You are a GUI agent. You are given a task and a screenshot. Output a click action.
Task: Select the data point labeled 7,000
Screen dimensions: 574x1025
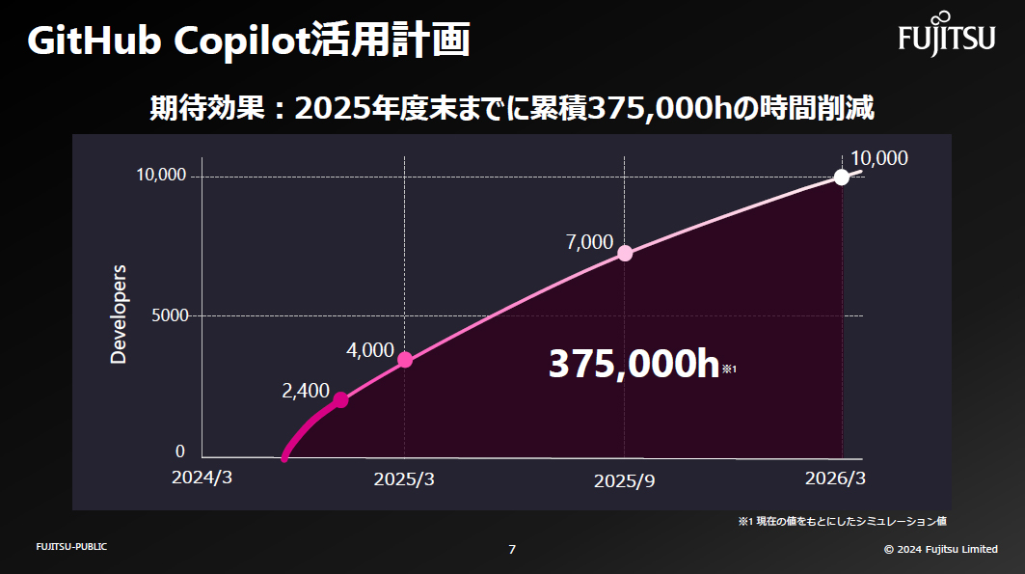(x=625, y=253)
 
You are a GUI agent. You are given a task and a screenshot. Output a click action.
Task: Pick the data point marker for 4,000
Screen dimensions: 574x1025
(x=405, y=360)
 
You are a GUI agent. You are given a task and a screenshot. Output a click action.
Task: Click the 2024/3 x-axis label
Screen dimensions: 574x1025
(x=202, y=478)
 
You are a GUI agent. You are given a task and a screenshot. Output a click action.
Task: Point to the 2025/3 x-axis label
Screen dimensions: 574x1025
(x=404, y=479)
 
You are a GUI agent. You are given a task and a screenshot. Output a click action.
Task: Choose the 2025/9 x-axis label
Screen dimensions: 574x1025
(x=624, y=480)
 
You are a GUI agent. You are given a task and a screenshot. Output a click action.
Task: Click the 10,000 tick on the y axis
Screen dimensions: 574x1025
(x=160, y=176)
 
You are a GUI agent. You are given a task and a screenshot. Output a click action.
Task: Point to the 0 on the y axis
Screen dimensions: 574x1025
(x=179, y=451)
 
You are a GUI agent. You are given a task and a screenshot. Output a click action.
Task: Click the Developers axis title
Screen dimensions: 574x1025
(x=119, y=314)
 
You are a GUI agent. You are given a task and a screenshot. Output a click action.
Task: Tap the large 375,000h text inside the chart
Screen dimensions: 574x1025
(x=634, y=365)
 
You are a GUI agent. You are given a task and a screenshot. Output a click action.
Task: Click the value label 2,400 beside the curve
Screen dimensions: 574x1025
(x=305, y=392)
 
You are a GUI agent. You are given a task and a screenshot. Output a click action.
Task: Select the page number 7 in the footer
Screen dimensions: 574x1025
(x=512, y=549)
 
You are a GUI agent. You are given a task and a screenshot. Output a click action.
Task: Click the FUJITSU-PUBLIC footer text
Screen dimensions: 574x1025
(x=71, y=547)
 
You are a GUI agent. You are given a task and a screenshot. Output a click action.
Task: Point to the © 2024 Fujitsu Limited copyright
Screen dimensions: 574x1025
(x=940, y=549)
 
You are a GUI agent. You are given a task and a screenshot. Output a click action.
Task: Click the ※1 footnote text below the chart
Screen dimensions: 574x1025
(x=842, y=522)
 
